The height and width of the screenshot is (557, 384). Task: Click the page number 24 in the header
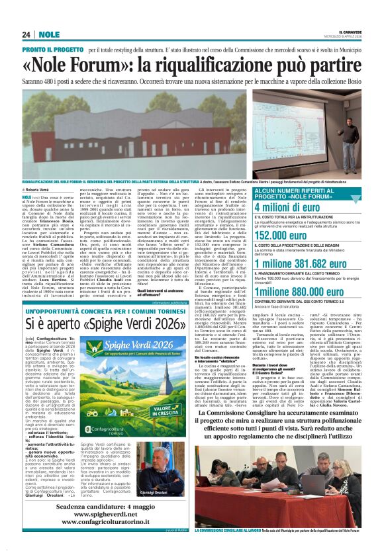pyautogui.click(x=26, y=34)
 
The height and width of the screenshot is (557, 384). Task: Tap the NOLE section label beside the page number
pyautogui.click(x=48, y=34)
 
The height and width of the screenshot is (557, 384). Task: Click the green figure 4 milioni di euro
pyautogui.click(x=292, y=207)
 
